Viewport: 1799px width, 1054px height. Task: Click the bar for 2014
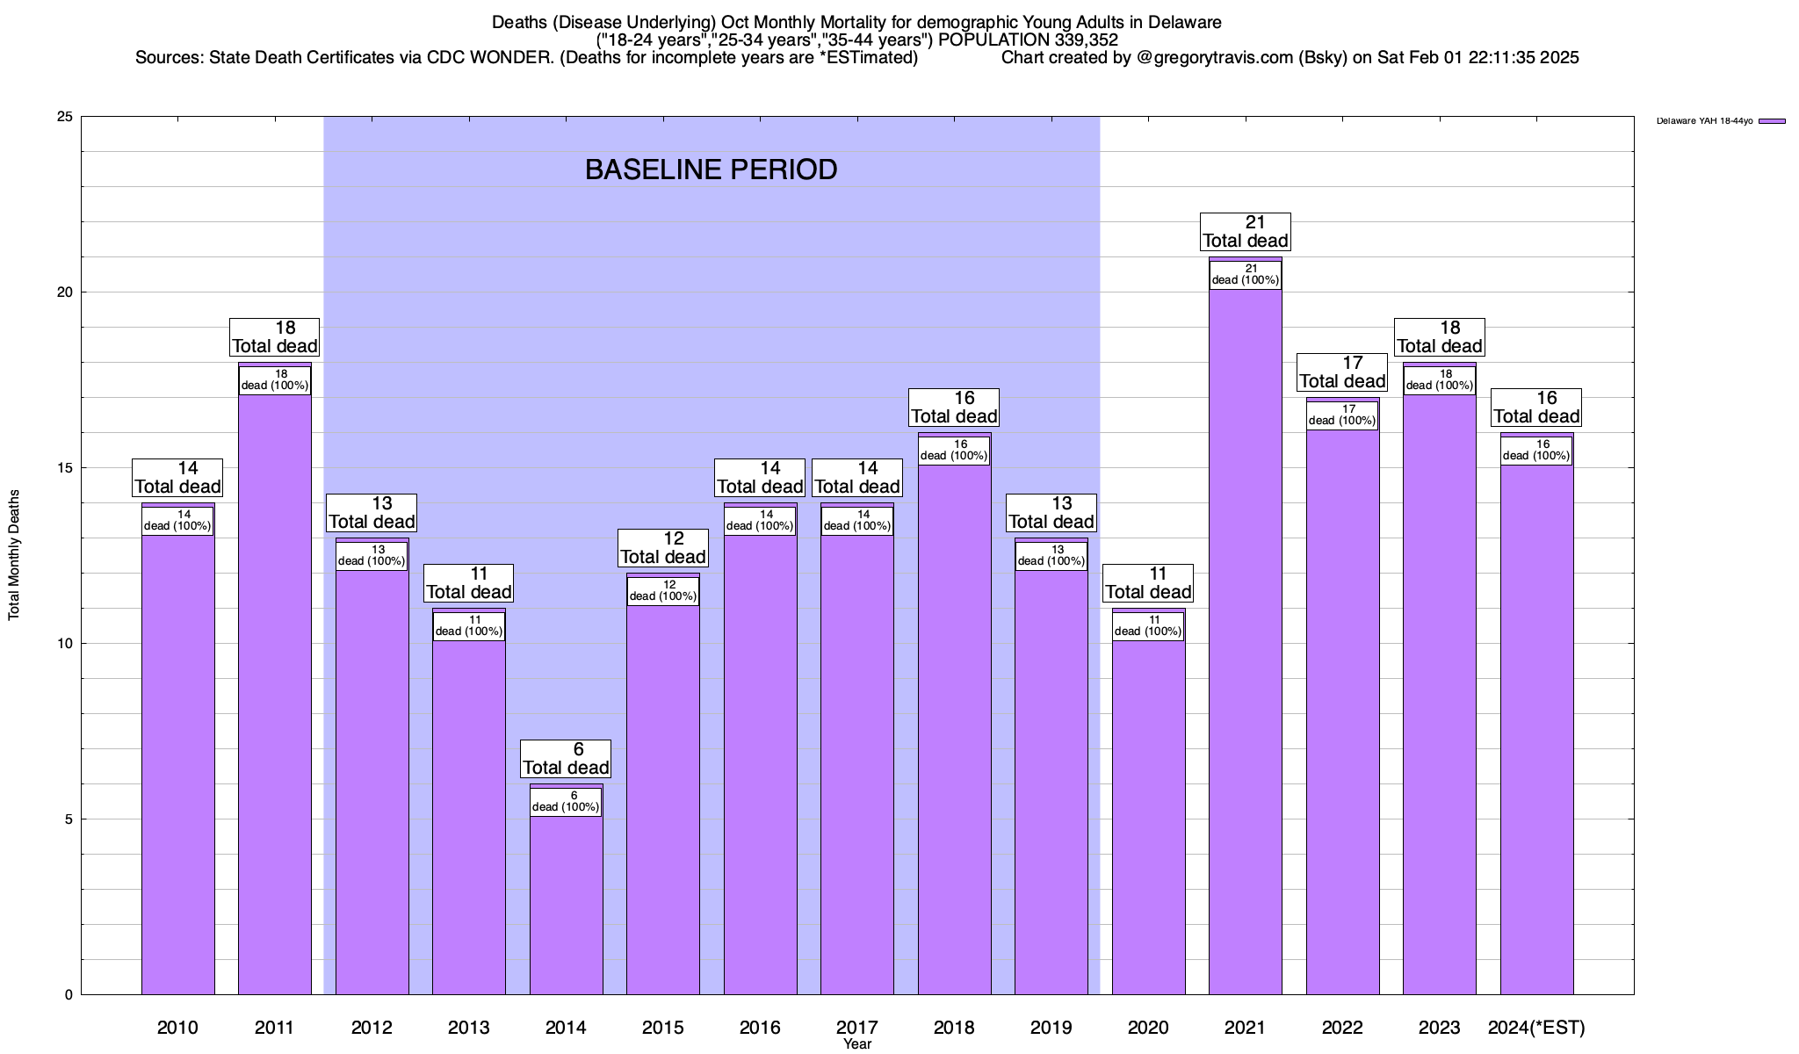tap(566, 905)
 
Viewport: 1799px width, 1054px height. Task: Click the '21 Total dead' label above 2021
tap(1245, 232)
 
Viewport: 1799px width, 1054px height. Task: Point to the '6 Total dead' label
tap(566, 759)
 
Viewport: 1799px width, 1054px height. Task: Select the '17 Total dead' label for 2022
tap(1342, 372)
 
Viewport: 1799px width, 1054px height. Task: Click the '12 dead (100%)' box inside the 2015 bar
tap(663, 590)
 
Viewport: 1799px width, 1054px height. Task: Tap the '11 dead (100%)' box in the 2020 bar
tap(1148, 625)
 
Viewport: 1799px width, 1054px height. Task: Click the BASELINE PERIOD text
tap(711, 170)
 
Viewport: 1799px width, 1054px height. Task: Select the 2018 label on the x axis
tap(954, 1028)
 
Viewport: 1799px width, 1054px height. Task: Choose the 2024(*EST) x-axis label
tap(1536, 1028)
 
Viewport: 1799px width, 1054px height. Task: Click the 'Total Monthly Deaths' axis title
tap(14, 555)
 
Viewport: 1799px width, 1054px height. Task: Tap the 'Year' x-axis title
tap(856, 1044)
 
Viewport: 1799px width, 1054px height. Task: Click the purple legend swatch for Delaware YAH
tap(1772, 121)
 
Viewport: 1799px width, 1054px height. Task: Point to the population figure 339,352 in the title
tap(1086, 40)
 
